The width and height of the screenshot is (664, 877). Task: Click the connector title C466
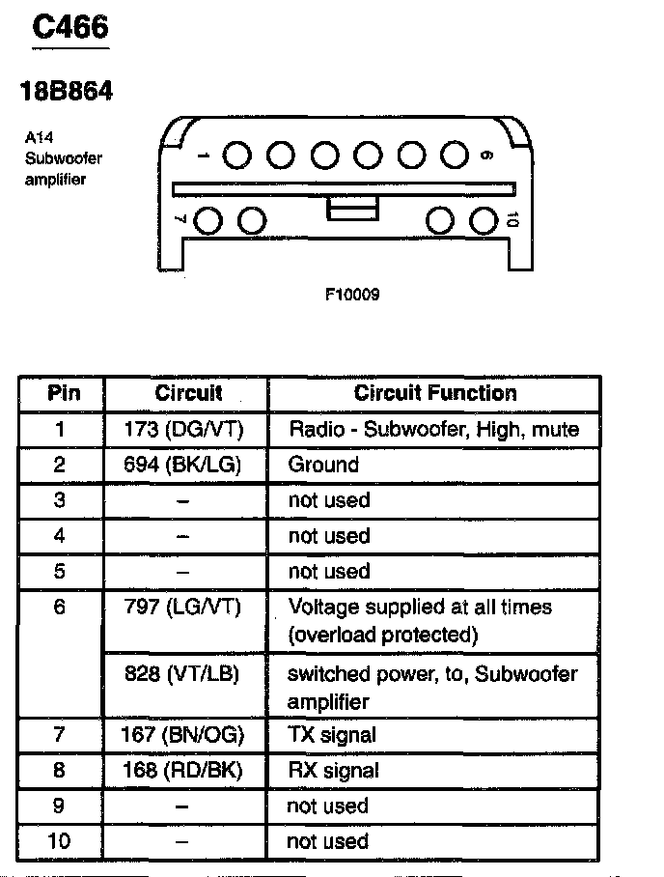click(x=69, y=27)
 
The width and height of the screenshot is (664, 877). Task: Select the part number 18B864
click(x=67, y=92)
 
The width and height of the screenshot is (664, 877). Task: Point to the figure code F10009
click(x=352, y=295)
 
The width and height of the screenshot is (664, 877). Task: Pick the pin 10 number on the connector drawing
click(x=512, y=221)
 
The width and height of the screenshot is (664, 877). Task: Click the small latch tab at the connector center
click(x=352, y=208)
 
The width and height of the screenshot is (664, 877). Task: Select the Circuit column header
click(x=188, y=393)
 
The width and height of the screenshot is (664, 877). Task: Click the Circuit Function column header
click(x=435, y=393)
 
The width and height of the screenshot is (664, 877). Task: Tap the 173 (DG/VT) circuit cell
click(x=184, y=429)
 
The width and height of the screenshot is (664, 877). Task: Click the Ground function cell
click(x=323, y=465)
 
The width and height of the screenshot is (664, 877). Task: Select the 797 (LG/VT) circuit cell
click(x=182, y=607)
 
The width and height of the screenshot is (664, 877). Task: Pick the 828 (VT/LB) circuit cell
click(x=182, y=673)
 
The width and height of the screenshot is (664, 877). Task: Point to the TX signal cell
click(x=332, y=735)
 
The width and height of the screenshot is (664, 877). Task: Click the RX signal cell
click(x=333, y=771)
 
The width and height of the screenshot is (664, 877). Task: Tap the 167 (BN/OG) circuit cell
click(x=182, y=735)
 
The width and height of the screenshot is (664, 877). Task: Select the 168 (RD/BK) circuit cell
click(x=182, y=771)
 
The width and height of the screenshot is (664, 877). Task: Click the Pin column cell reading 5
click(x=60, y=571)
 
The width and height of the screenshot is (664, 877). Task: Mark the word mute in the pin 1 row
click(x=555, y=429)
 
